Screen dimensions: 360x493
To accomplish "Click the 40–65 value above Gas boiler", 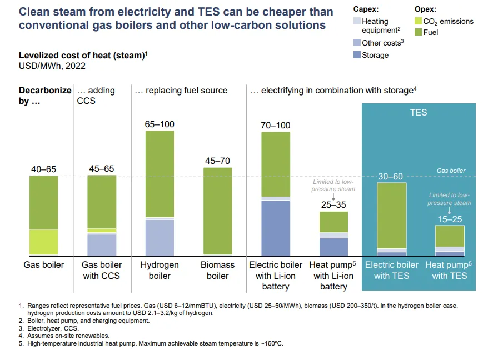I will click(x=43, y=169).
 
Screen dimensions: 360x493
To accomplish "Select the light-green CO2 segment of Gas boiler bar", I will click(x=43, y=242).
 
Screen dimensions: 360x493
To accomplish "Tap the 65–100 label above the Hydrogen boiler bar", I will click(x=160, y=124).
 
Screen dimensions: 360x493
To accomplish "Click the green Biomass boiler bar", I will click(x=217, y=211).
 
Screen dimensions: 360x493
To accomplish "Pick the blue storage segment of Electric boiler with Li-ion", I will click(x=276, y=227).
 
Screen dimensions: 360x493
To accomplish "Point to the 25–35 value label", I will click(x=333, y=205).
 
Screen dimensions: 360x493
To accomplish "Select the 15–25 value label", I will click(x=449, y=219).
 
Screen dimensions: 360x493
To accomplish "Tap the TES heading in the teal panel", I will click(x=419, y=112).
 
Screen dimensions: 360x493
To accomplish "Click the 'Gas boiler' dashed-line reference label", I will click(x=451, y=171).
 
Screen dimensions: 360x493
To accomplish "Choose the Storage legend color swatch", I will click(x=356, y=55).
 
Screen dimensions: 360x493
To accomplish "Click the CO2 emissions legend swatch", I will click(x=418, y=21).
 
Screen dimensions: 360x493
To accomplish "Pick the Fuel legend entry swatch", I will click(x=418, y=32).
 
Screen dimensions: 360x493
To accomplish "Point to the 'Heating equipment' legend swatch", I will click(x=356, y=21).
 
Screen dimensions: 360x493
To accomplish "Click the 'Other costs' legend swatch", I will click(x=356, y=43).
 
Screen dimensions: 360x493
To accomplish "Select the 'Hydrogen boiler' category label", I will click(x=160, y=270).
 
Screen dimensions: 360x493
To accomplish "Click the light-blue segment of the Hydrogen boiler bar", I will click(x=160, y=237).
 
